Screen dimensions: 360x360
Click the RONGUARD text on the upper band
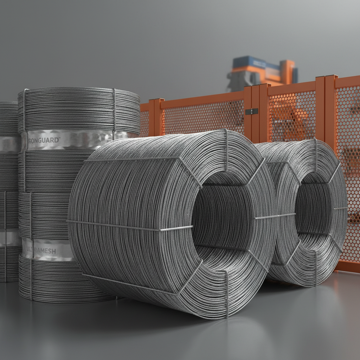[44, 140]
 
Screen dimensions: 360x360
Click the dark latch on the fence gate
[251, 111]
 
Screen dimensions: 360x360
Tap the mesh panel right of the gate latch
[292, 116]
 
